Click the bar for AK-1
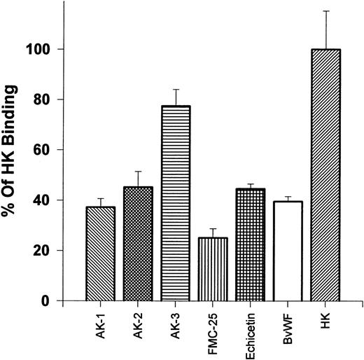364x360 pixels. tap(100, 254)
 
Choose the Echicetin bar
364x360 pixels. tap(250, 244)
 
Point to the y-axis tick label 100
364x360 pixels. tap(42, 50)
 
